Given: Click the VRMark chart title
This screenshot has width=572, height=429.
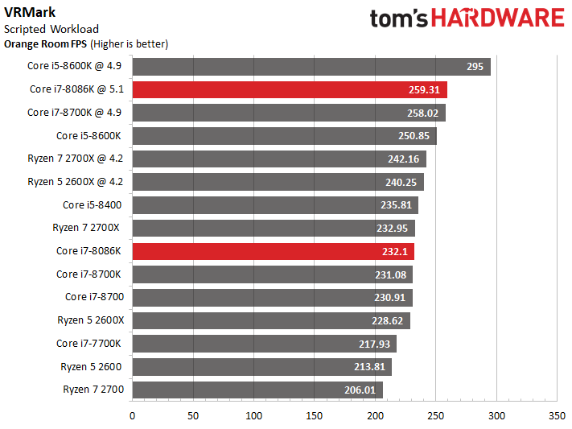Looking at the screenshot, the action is (x=30, y=12).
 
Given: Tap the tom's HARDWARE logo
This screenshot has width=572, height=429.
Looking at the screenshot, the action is (x=467, y=18).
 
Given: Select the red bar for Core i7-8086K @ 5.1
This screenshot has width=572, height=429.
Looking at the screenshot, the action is (x=290, y=89).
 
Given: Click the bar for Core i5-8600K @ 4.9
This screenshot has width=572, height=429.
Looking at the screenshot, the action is (x=311, y=67).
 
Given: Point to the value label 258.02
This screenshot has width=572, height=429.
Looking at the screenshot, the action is (x=423, y=113).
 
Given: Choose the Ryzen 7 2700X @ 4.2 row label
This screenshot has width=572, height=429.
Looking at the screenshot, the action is (x=75, y=159).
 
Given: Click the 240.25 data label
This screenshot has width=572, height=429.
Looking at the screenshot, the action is (x=401, y=182).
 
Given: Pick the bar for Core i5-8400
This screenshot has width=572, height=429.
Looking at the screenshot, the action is (x=275, y=205).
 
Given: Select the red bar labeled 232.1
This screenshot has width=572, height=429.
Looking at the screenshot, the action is (x=274, y=252).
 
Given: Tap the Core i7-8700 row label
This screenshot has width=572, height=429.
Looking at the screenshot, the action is (x=94, y=297).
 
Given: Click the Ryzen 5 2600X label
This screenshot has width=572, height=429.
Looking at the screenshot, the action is (x=90, y=320).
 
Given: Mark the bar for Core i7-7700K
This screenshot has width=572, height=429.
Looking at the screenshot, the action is (x=265, y=344).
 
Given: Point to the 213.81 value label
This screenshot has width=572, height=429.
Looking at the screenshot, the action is (x=369, y=366).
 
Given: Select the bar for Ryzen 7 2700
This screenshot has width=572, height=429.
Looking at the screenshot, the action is (x=257, y=390).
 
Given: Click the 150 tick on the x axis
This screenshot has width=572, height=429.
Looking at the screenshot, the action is (x=314, y=416).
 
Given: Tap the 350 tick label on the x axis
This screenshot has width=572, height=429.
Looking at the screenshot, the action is (x=557, y=416).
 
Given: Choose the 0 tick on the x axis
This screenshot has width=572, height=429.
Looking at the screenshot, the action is (x=132, y=416).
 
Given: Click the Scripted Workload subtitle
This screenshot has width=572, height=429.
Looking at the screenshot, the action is (x=51, y=29).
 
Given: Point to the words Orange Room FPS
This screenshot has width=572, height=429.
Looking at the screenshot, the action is (x=45, y=44).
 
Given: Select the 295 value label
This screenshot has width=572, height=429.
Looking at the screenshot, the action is (x=475, y=67).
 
